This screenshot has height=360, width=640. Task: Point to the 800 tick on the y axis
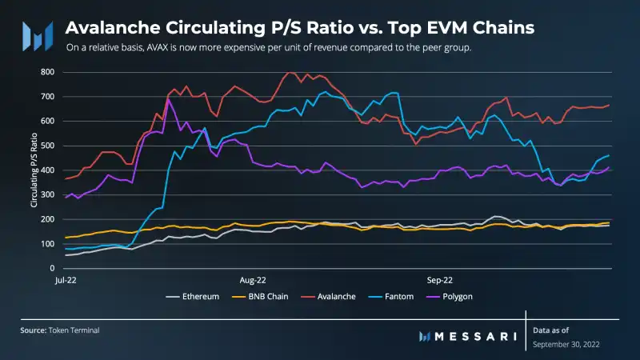point(47,72)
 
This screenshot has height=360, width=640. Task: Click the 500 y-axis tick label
point(47,146)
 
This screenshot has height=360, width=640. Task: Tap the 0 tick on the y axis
point(52,268)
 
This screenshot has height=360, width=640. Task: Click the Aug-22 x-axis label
point(252,280)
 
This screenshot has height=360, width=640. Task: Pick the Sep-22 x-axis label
point(439,280)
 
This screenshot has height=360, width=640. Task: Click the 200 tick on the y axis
point(47,219)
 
